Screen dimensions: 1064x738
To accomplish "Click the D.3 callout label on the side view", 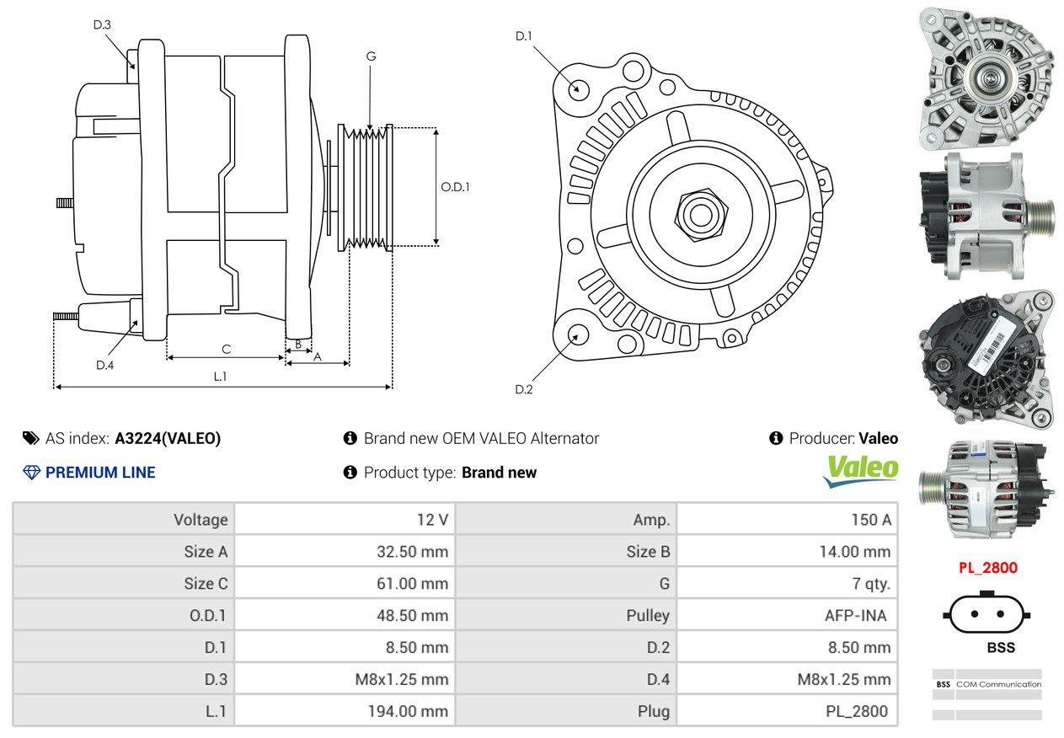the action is (102, 24).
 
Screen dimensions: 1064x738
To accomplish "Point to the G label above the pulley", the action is (371, 56).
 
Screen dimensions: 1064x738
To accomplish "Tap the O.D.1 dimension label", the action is (455, 187).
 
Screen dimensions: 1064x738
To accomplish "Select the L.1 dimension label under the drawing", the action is (220, 376).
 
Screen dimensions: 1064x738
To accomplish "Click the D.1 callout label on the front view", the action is (523, 35).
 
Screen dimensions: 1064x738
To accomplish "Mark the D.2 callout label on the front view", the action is (523, 389).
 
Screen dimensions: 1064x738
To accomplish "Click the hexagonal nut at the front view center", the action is (701, 215).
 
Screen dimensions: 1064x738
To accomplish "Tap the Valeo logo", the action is (860, 471).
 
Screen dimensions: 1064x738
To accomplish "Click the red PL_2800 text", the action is (988, 568).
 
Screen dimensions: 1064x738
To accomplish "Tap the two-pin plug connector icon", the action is (986, 612).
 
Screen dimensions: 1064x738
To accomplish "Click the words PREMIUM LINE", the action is (100, 472).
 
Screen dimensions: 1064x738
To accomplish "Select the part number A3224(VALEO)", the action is (168, 438).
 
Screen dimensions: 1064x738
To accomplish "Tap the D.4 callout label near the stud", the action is (104, 365).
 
